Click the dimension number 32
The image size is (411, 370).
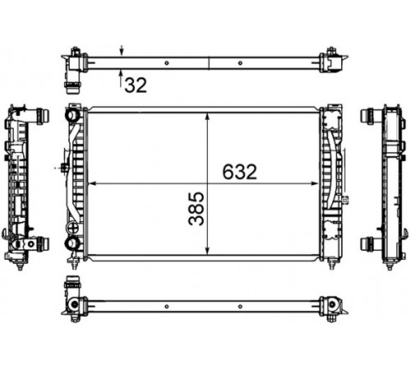pyautogui.click(x=136, y=85)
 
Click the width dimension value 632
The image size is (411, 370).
pyautogui.click(x=240, y=172)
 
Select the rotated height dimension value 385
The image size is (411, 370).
pyautogui.click(x=196, y=209)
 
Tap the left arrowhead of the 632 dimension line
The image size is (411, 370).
pyautogui.click(x=92, y=183)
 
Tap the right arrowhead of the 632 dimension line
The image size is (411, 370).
pyautogui.click(x=315, y=183)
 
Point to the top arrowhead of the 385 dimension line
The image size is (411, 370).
pyautogui.click(x=208, y=117)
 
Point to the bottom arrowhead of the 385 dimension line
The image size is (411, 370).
pyautogui.click(x=208, y=250)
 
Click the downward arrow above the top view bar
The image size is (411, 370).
pyautogui.click(x=122, y=51)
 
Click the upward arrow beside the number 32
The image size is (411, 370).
pyautogui.click(x=121, y=78)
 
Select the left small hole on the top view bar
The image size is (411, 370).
pyautogui.click(x=167, y=63)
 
